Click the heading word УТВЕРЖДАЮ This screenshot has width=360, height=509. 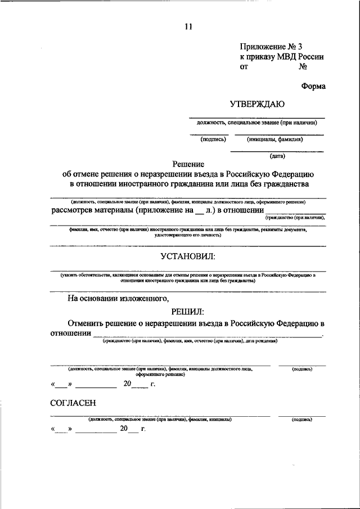point(257,103)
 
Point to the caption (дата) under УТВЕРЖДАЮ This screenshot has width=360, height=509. point(277,156)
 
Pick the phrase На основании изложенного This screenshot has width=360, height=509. point(118,299)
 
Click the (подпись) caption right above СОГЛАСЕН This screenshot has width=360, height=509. point(302,369)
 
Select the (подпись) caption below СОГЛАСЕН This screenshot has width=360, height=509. point(302,420)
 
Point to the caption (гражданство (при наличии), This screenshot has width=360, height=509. point(295,217)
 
